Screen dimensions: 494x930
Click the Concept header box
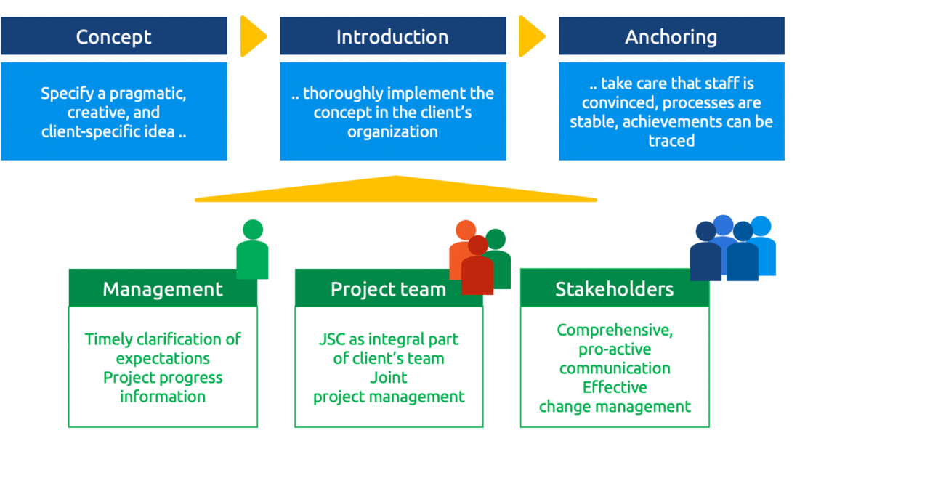coord(114,36)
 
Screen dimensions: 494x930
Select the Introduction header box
coord(392,36)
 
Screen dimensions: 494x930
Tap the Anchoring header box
coord(671,36)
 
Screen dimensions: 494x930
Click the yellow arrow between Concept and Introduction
coord(252,36)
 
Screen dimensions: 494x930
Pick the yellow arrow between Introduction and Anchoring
coord(530,36)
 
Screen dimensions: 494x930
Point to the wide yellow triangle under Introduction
coord(396,191)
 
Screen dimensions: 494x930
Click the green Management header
coord(163,289)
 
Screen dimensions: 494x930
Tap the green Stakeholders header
coord(614,289)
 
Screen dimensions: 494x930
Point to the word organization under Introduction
coord(392,131)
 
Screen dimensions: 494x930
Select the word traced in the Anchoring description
coord(671,140)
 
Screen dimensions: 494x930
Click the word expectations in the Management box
coord(163,358)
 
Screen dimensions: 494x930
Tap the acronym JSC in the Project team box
coord(333,339)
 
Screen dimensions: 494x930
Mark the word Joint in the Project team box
coord(389,378)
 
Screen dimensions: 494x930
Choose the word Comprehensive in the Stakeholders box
coord(615,330)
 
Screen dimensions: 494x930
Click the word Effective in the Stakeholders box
coord(615,387)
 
